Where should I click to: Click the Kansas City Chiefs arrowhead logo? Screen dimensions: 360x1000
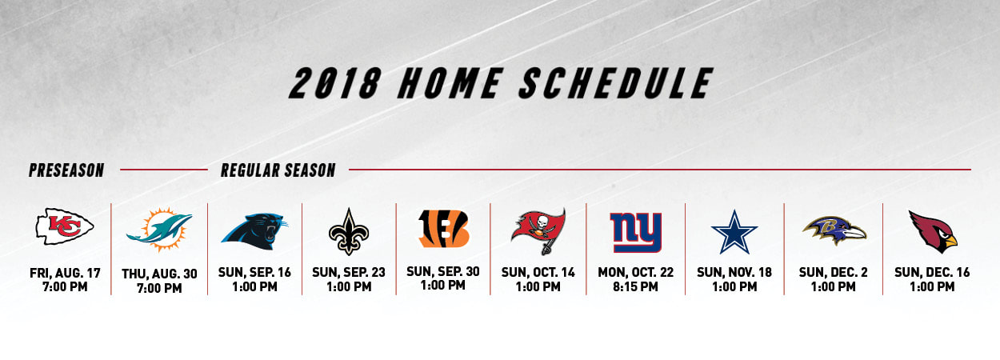65,226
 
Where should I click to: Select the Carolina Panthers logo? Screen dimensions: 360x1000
254,231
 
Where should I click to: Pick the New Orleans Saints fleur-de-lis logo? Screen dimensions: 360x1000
349,231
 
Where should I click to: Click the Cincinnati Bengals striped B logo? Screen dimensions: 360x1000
443,229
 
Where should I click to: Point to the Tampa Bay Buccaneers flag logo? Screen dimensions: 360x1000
538,230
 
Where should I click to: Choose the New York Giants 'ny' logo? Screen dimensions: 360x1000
636,232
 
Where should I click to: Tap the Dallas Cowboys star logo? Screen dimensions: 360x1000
734,231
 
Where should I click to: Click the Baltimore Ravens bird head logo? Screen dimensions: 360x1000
834,230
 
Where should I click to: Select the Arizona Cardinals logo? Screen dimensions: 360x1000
932,230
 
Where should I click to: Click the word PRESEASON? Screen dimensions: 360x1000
66,170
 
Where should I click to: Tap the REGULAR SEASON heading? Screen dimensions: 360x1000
278,170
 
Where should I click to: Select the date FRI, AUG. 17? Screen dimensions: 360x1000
65,273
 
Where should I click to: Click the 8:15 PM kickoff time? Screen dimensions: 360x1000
636,287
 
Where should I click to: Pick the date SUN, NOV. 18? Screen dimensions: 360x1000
734,273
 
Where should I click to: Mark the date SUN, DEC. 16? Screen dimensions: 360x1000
932,273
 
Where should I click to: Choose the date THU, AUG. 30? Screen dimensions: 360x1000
159,274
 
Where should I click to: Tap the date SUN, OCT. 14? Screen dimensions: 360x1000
538,273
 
